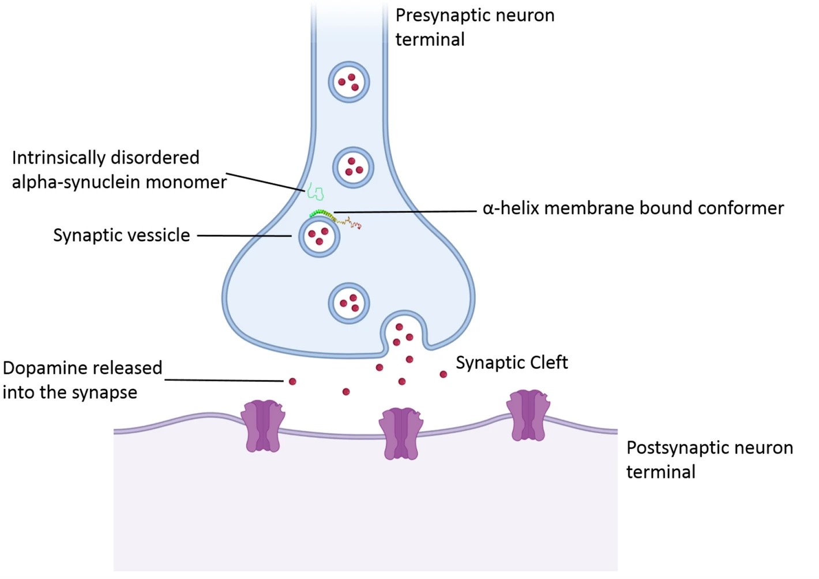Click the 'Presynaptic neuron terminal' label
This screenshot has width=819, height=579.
[474, 27]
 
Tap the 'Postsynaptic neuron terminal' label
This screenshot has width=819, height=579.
[709, 459]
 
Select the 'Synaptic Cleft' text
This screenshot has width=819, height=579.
[512, 362]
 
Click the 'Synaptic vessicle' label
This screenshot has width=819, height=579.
[121, 235]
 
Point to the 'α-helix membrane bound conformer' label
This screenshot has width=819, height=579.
[633, 208]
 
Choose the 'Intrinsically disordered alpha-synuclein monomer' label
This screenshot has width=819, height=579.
[119, 169]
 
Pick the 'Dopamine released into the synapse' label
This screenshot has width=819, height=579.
[82, 380]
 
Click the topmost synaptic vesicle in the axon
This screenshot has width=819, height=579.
[349, 82]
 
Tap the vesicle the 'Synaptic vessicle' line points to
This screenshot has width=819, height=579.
[319, 236]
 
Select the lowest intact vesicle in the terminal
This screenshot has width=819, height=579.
[349, 303]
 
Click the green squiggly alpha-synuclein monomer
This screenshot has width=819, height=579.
[315, 191]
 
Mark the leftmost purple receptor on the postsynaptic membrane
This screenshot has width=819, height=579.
[262, 426]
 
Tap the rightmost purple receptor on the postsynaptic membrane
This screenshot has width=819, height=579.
[528, 415]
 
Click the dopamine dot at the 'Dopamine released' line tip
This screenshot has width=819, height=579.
[292, 381]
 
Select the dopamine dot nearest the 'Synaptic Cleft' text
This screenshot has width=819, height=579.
[443, 374]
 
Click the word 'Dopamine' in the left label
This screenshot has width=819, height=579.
[40, 368]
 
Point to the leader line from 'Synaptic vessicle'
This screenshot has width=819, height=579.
[245, 236]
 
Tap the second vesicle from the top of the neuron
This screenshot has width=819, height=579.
[354, 168]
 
